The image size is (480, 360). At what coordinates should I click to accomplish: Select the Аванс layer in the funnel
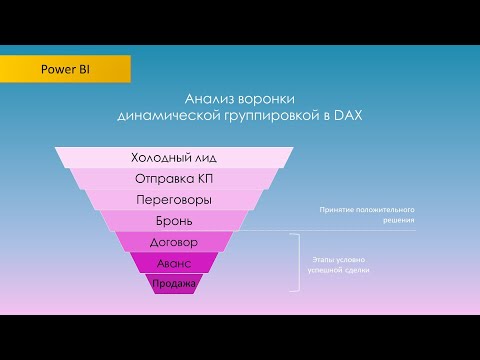(174, 263)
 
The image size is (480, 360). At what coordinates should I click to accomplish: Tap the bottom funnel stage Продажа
(174, 284)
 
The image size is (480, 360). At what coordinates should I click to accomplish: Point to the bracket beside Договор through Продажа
(296, 262)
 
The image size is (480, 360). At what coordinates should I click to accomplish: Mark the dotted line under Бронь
(300, 231)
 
